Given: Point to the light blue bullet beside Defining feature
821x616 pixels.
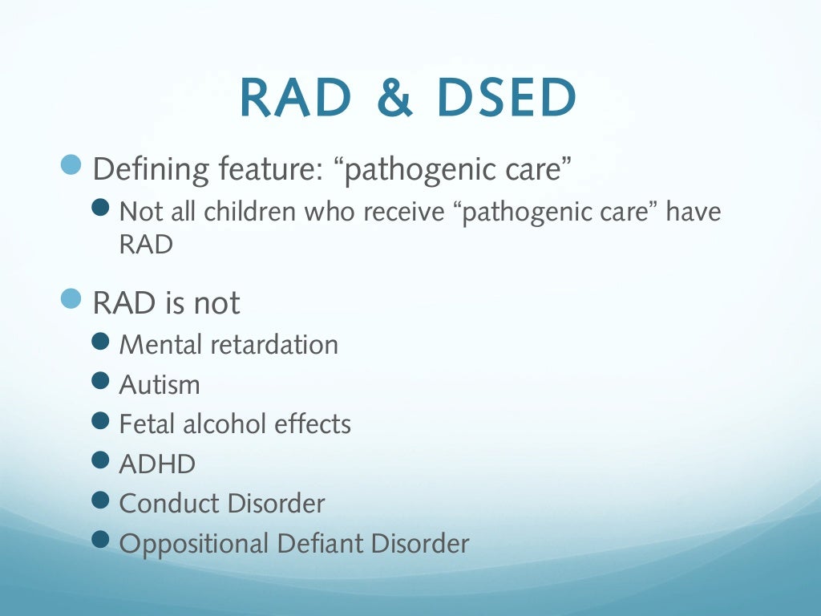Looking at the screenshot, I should coord(72,165).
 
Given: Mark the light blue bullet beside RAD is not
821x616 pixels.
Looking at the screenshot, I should coord(72,298).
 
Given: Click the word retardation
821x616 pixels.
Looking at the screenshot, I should coord(274,345).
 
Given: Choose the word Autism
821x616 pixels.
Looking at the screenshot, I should coord(160,385).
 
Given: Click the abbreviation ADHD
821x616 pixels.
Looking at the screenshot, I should coord(157,464).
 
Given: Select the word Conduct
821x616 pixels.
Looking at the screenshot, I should coord(169,504).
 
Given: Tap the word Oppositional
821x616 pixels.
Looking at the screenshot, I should coord(193,545).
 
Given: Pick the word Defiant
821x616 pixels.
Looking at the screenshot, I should coord(318,544).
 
